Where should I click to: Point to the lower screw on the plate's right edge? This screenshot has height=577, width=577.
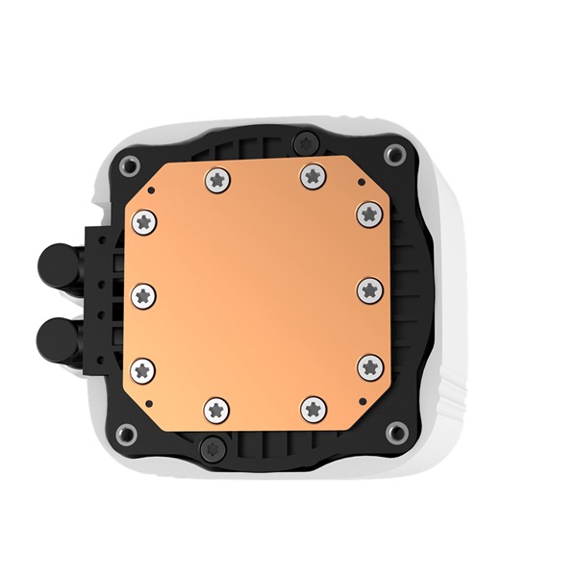(x=366, y=364)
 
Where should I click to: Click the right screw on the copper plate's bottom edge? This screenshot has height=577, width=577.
(x=312, y=408)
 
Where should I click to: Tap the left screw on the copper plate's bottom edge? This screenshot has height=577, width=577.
(x=215, y=408)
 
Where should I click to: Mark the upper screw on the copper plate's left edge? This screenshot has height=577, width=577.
(x=144, y=219)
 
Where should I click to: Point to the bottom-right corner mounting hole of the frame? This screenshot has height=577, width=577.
(x=394, y=423)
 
